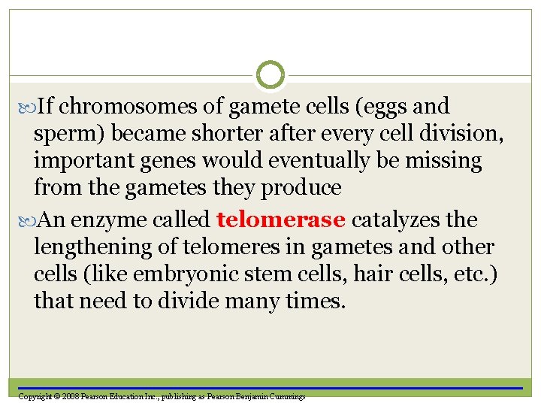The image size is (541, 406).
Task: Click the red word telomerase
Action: (280, 220)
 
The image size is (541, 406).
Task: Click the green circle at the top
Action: (270, 75)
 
